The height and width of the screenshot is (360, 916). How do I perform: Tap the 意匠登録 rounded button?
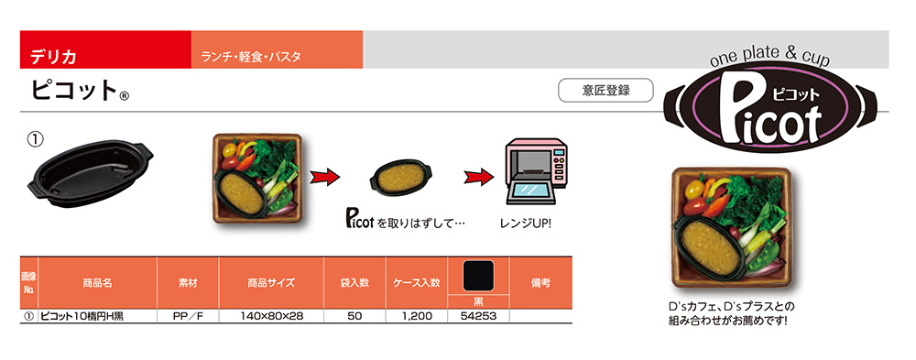[x=605, y=91]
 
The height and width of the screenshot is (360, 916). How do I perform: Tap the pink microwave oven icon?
[x=535, y=174]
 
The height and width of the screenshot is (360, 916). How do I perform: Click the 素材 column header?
[x=187, y=284]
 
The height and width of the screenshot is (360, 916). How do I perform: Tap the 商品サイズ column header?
[x=270, y=284]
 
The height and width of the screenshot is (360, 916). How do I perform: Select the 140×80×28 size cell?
[x=270, y=316]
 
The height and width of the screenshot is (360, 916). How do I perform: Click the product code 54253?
[x=477, y=316]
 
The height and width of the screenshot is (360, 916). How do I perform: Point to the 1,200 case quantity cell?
[x=417, y=316]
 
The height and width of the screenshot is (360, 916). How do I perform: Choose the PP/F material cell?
[x=187, y=316]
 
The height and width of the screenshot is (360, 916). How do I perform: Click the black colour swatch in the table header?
[x=477, y=276]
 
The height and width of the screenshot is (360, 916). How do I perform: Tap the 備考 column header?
[x=540, y=284]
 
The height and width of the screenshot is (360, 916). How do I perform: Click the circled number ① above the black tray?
[x=34, y=140]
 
